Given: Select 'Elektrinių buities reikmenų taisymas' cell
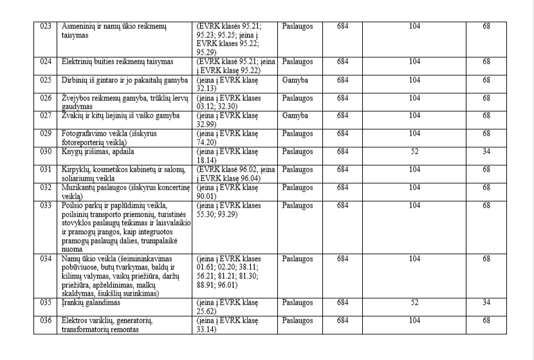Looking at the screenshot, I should pyautogui.click(x=118, y=62).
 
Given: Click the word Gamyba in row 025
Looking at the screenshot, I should pyautogui.click(x=295, y=80).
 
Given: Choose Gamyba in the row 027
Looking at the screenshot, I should pyautogui.click(x=295, y=116).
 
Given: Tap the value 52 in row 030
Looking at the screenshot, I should pyautogui.click(x=414, y=152).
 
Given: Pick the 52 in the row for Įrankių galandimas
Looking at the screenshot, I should pyautogui.click(x=414, y=301).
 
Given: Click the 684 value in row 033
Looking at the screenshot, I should pyautogui.click(x=342, y=206).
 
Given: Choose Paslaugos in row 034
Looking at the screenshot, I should pyautogui.click(x=298, y=258).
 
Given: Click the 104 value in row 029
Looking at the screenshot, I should pyautogui.click(x=414, y=134).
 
